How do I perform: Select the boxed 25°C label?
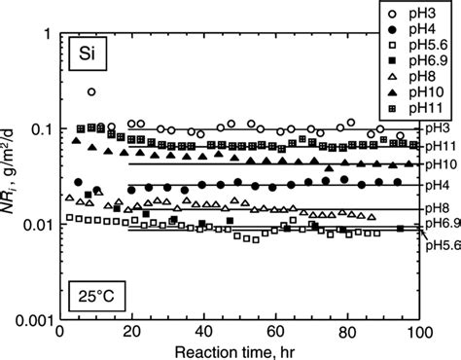click(x=88, y=296)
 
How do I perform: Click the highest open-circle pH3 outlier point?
click(x=91, y=92)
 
